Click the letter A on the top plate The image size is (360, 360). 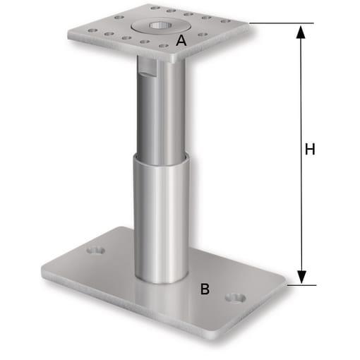point(181,42)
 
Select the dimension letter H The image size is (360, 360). point(309,149)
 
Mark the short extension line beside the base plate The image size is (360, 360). point(300,286)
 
